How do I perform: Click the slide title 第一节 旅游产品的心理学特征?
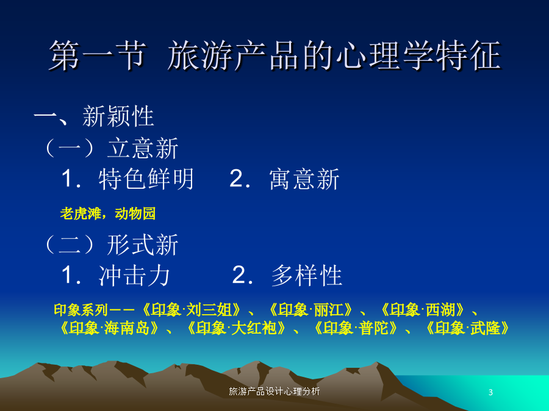pyautogui.click(x=275, y=55)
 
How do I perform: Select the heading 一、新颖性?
pyautogui.click(x=94, y=116)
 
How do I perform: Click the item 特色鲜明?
pyautogui.click(x=146, y=179)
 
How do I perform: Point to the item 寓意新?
pyautogui.click(x=304, y=179)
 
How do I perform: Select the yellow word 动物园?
pyautogui.click(x=135, y=213)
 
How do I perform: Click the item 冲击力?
pyautogui.click(x=134, y=275)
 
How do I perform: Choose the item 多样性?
pyautogui.click(x=307, y=275)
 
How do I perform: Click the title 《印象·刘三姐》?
pyautogui.click(x=192, y=310)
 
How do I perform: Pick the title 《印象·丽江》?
pyautogui.click(x=311, y=310)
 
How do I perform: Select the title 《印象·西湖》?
pyautogui.click(x=423, y=310)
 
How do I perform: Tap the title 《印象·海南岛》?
pyautogui.click(x=109, y=328)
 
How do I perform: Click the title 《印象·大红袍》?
pyautogui.click(x=237, y=328)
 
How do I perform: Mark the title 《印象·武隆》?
pyautogui.click(x=468, y=328)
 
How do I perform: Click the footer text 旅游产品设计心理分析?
pyautogui.click(x=274, y=392)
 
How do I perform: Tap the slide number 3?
pyautogui.click(x=490, y=392)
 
